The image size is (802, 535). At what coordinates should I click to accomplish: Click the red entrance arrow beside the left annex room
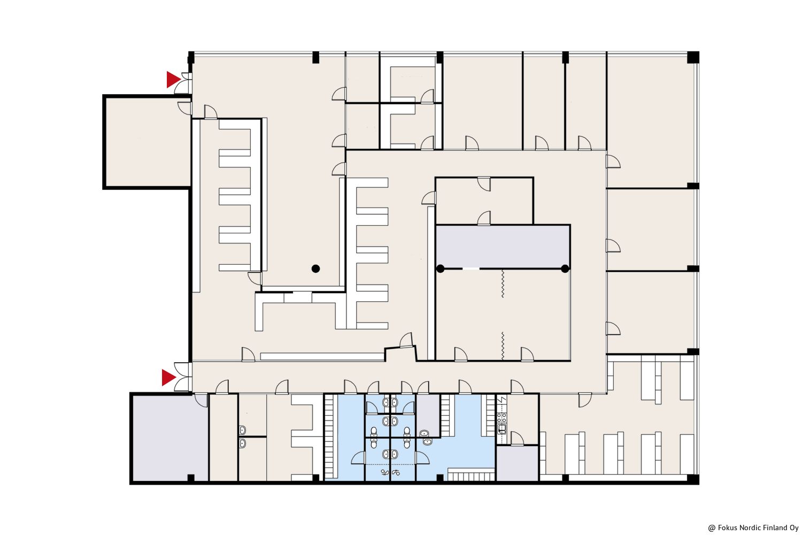click(173, 80)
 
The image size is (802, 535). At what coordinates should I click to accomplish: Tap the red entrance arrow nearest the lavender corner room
click(168, 378)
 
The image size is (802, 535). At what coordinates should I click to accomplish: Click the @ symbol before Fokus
click(712, 528)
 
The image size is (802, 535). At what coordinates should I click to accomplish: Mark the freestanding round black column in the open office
click(315, 269)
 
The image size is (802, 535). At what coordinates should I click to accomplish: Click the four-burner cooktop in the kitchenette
click(502, 417)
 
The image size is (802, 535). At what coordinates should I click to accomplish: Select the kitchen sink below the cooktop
click(502, 429)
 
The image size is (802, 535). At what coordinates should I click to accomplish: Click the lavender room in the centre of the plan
click(503, 247)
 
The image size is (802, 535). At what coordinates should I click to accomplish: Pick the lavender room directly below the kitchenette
click(518, 463)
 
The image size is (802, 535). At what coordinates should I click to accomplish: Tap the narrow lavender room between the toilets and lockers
click(428, 415)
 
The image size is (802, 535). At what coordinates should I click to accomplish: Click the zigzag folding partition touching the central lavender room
click(503, 284)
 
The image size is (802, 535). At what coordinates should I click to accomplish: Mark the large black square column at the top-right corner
click(693, 57)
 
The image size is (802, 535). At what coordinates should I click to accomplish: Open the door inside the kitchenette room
click(517, 439)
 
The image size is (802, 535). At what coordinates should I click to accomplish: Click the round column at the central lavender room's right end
click(565, 269)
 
